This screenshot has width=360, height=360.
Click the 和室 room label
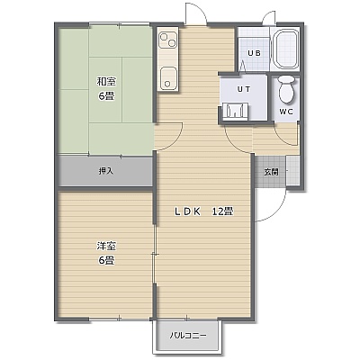pyautogui.click(x=106, y=81)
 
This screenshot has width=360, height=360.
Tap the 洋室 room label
pyautogui.click(x=106, y=246)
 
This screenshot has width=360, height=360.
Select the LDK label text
pyautogui.click(x=187, y=211)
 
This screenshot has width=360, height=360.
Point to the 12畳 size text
pyautogui.click(x=223, y=211)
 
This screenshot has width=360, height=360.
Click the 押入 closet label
pyautogui.click(x=106, y=171)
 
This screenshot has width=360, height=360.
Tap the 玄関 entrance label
pyautogui.click(x=271, y=172)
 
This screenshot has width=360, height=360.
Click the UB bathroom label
pyautogui.click(x=254, y=53)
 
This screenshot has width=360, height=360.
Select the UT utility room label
pyautogui.click(x=244, y=89)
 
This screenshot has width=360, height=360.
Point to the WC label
pyautogui.click(x=286, y=112)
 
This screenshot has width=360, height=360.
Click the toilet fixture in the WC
pyautogui.click(x=286, y=89)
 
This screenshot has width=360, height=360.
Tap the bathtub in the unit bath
pyautogui.click(x=286, y=49)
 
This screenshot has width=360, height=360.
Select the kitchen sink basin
pyautogui.click(x=168, y=78)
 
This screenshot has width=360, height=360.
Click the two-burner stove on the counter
pyautogui.click(x=167, y=40)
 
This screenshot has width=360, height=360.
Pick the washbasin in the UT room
pyautogui.click(x=236, y=111)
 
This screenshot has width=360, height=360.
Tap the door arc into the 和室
pyautogui.click(x=175, y=140)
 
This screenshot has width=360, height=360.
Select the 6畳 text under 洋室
pyautogui.click(x=106, y=260)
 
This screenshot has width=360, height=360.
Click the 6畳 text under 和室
pyautogui.click(x=106, y=96)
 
